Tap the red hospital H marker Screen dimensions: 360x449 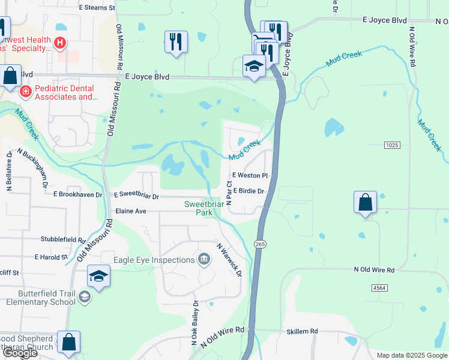[59, 43]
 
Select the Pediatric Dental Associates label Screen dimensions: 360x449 [66, 92]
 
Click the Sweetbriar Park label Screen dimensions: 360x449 [203, 208]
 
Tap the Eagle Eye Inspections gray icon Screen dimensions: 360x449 [205, 259]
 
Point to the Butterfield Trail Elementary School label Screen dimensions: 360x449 [40, 298]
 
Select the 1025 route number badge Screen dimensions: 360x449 [393, 145]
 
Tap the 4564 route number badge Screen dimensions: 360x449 [379, 288]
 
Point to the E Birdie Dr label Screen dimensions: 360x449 [249, 191]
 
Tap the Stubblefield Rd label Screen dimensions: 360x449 [63, 239]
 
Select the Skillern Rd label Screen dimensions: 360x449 [302, 331]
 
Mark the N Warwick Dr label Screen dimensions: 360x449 [229, 260]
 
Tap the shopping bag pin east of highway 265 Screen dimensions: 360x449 [365, 203]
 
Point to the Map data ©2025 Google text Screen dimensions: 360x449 [411, 355]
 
